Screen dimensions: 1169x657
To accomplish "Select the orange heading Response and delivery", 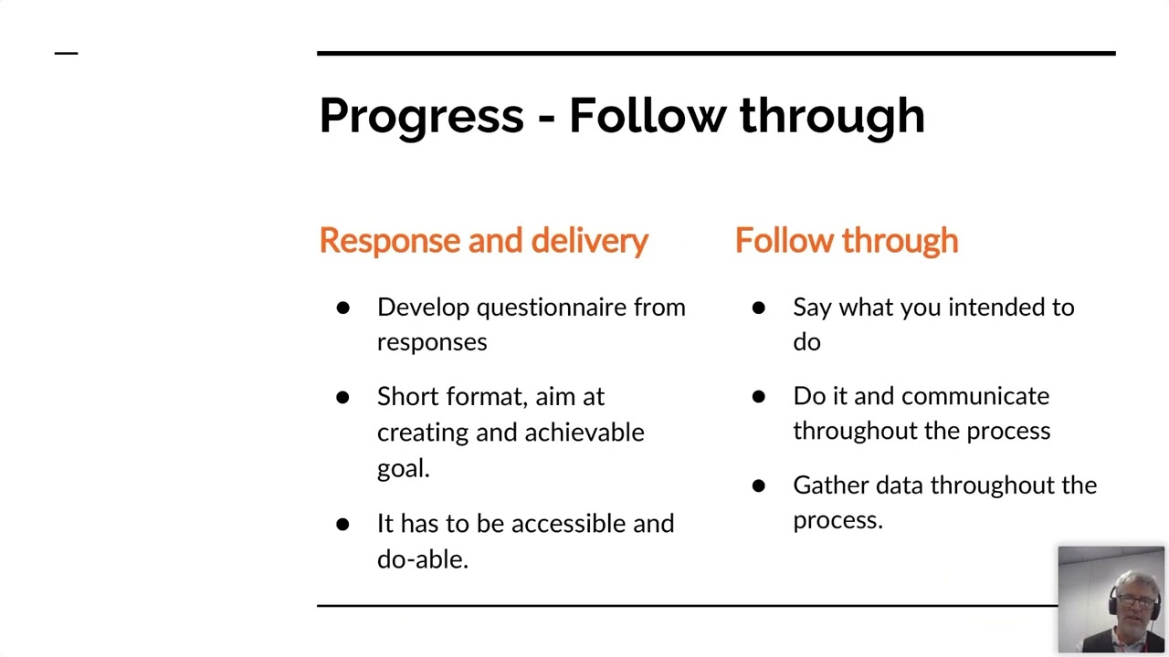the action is (484, 242).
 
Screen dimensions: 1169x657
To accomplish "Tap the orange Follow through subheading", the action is (847, 241).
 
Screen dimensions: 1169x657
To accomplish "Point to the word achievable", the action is (584, 433).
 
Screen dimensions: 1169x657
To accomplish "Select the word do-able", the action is (423, 559).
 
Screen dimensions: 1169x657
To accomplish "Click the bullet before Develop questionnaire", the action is (342, 308).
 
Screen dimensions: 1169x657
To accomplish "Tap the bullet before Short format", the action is (342, 398).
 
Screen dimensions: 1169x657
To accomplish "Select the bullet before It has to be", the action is (342, 524).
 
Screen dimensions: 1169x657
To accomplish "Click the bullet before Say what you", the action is (759, 308).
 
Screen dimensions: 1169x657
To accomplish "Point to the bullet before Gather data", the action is (759, 486).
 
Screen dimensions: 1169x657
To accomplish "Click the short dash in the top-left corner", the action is (67, 53).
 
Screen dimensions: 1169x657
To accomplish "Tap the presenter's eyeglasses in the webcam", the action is (1135, 600).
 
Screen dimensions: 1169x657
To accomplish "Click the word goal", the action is (403, 469).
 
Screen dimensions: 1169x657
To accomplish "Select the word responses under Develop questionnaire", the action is (432, 343).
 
